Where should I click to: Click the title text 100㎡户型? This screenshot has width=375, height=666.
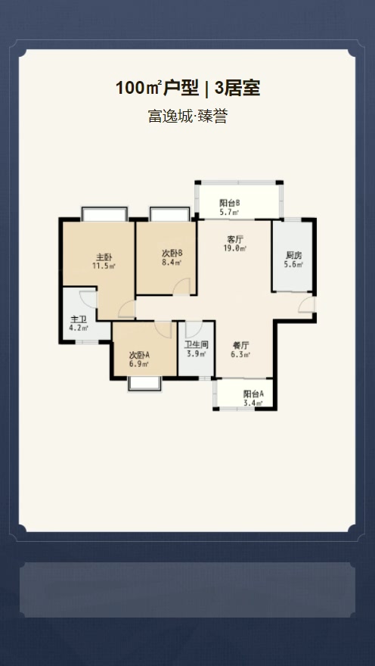(x=157, y=89)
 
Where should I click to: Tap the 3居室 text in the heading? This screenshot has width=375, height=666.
(x=237, y=89)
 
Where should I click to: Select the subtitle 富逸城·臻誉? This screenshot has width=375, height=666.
(x=187, y=116)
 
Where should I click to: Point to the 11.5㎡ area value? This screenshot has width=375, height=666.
(x=104, y=266)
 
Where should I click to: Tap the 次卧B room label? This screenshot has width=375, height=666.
(x=172, y=253)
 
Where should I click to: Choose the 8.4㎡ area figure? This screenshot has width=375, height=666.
(x=172, y=263)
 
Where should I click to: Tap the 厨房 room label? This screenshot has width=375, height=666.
(x=293, y=255)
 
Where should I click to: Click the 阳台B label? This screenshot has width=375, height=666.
(x=230, y=203)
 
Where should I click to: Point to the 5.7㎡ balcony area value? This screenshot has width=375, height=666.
(x=229, y=211)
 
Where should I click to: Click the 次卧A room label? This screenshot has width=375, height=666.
(x=139, y=355)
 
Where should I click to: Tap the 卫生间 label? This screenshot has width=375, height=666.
(x=197, y=345)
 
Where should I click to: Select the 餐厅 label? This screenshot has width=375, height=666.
(x=240, y=345)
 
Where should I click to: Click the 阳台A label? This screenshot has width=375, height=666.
(x=253, y=394)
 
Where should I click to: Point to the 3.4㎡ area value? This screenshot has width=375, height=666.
(x=253, y=403)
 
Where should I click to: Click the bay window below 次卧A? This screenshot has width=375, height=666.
(x=144, y=384)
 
